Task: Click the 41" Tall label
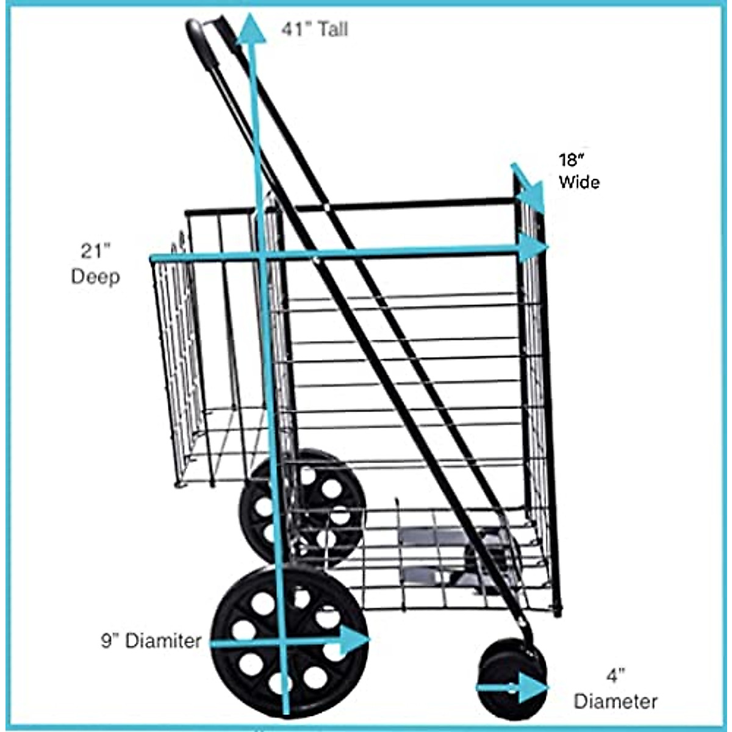click(x=314, y=29)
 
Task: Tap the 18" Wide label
click(x=578, y=171)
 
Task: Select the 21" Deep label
click(x=95, y=264)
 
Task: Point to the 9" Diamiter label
click(x=151, y=640)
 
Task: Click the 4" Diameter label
click(x=615, y=689)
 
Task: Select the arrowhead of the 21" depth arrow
click(x=535, y=247)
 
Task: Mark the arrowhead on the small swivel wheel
click(x=532, y=687)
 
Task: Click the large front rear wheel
click(x=290, y=640)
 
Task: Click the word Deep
click(x=95, y=276)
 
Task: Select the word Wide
click(x=579, y=182)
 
